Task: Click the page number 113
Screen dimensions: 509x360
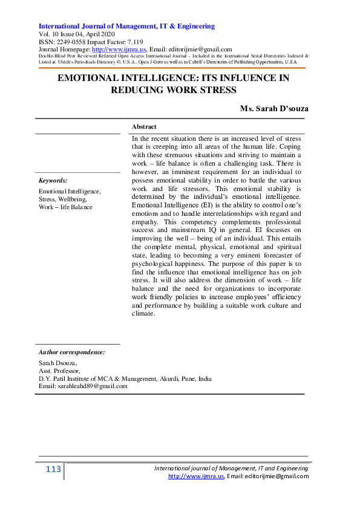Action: (x=53, y=470)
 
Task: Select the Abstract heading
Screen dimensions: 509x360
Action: (x=144, y=127)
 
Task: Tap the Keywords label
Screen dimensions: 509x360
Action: (x=53, y=180)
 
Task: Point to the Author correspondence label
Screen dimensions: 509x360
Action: (x=71, y=351)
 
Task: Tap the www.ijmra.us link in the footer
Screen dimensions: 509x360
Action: (x=196, y=476)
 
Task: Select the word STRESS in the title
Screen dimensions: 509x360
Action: (x=215, y=90)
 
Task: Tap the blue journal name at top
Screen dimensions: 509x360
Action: (x=126, y=27)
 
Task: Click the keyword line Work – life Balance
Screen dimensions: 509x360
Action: (x=66, y=207)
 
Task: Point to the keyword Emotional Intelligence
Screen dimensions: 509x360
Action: (x=70, y=191)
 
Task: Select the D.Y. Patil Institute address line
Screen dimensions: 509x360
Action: (x=125, y=378)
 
